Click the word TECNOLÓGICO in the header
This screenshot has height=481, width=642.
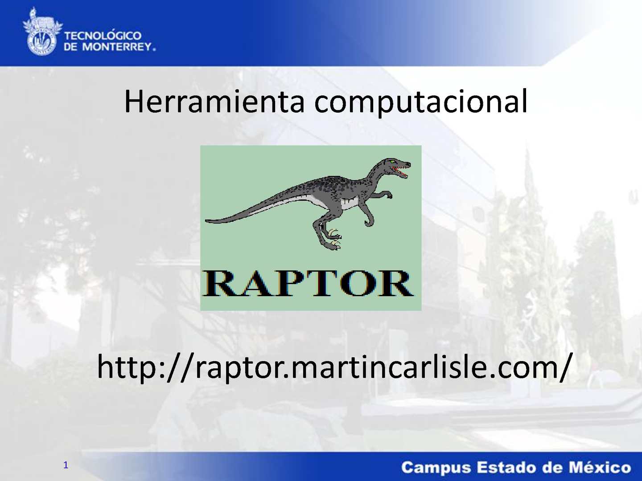pos(103,36)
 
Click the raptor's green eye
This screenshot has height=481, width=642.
pos(392,162)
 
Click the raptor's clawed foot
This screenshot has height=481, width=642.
pos(333,244)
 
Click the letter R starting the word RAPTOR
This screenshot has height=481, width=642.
pos(219,284)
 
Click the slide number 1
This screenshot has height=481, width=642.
pos(66,465)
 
